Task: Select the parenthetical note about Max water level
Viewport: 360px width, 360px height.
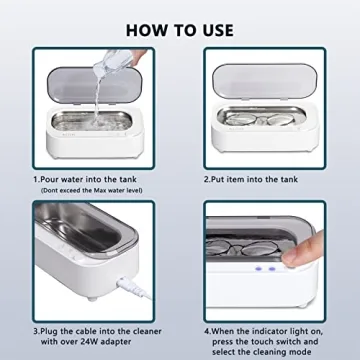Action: pyautogui.click(x=91, y=190)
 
